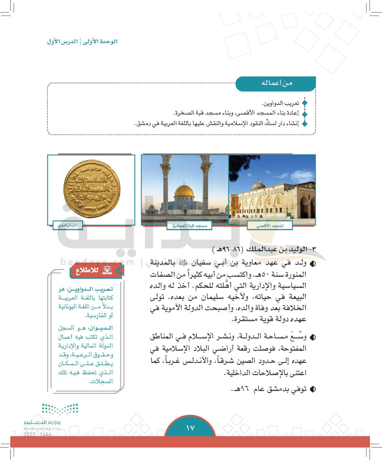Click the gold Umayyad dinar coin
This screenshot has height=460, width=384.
tap(92, 189)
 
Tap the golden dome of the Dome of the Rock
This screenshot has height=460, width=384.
tap(184, 191)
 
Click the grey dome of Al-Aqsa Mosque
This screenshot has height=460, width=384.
tap(258, 185)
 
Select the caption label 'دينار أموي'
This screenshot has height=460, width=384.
tap(67, 225)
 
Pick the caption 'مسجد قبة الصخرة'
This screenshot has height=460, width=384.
tap(189, 226)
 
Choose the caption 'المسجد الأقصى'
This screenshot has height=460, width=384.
tap(270, 226)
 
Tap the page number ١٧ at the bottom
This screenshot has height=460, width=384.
tap(190, 428)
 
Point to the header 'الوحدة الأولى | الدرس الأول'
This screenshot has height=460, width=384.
tap(82, 42)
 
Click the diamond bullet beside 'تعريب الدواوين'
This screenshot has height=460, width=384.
tap(305, 103)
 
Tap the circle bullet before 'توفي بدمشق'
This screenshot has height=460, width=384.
tap(313, 389)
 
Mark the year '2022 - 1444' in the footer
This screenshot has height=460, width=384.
tap(38, 434)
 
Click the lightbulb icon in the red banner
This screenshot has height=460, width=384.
tap(107, 270)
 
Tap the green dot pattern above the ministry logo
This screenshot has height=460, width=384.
tap(60, 409)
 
